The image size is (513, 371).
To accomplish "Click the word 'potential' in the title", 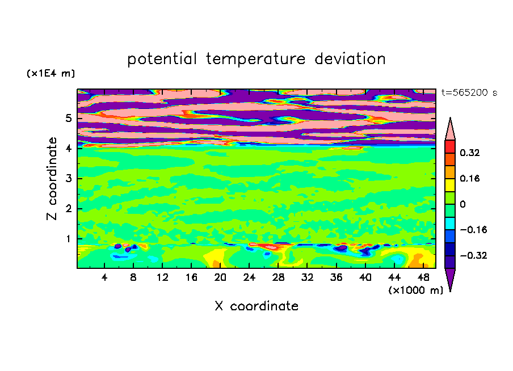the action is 162,59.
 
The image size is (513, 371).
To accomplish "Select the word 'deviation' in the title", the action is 350,58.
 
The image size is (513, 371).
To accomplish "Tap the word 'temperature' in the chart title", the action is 255,60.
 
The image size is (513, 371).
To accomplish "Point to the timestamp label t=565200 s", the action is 469,92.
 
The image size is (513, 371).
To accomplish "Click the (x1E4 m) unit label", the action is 51,73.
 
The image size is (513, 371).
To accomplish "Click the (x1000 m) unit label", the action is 415,290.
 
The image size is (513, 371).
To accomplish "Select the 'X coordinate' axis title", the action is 256,306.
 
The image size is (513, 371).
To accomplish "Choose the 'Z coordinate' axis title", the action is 52,179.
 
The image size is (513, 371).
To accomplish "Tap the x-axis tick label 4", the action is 104,277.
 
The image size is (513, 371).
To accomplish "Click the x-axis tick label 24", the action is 249,277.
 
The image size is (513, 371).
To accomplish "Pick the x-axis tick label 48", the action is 423,277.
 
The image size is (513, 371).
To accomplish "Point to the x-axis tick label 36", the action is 337,277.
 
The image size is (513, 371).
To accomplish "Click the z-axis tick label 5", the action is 68,118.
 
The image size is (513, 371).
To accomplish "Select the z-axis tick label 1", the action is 68,239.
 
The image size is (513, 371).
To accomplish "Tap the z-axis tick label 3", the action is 68,179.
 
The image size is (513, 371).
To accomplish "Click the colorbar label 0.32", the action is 470,153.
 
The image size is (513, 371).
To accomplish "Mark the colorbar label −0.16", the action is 473,230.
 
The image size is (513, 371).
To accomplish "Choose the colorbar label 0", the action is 462,204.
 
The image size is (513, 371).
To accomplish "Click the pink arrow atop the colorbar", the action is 450,129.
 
